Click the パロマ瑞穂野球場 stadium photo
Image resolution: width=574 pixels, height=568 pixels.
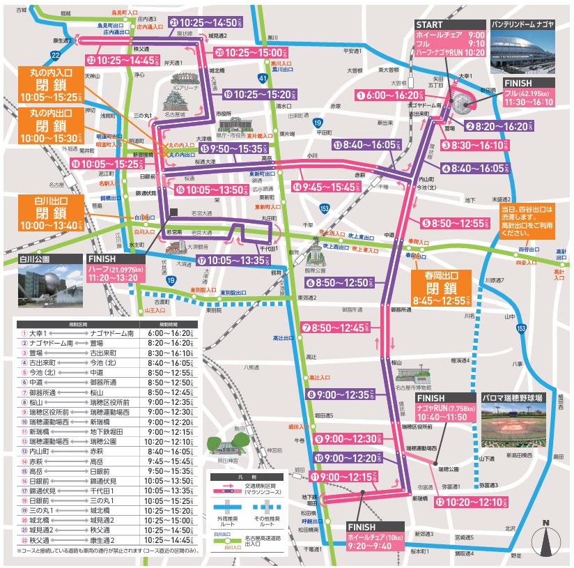coord(520,422)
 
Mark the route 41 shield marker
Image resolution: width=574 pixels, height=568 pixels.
coord(261,78)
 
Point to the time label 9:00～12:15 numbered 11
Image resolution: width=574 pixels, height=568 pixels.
coord(357,476)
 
